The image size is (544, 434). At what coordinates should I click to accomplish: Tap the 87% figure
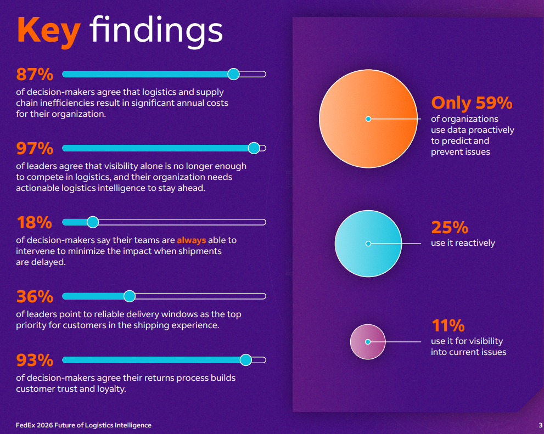(35, 74)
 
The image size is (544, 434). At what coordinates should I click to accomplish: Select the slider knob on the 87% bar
(233, 74)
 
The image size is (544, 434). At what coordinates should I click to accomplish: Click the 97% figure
(35, 148)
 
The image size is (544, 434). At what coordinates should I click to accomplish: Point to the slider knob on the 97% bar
(254, 148)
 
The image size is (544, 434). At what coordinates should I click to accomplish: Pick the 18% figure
(34, 222)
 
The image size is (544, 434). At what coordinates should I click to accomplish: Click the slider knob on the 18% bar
(93, 222)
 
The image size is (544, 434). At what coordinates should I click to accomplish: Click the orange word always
(191, 240)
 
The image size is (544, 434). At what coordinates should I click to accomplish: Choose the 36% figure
(35, 296)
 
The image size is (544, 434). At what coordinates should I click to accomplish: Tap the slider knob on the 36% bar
(130, 296)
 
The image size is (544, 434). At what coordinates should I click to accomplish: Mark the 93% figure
(35, 360)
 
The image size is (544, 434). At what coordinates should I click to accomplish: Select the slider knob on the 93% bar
(246, 360)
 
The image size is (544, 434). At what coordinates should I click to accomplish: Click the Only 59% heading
(472, 103)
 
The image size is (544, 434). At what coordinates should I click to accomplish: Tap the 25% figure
(449, 227)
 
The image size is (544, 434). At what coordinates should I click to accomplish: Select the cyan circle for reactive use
(368, 244)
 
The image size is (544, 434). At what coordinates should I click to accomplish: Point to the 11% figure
(448, 325)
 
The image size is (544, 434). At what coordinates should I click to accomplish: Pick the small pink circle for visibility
(368, 342)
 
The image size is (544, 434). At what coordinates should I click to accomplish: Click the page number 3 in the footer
(540, 425)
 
